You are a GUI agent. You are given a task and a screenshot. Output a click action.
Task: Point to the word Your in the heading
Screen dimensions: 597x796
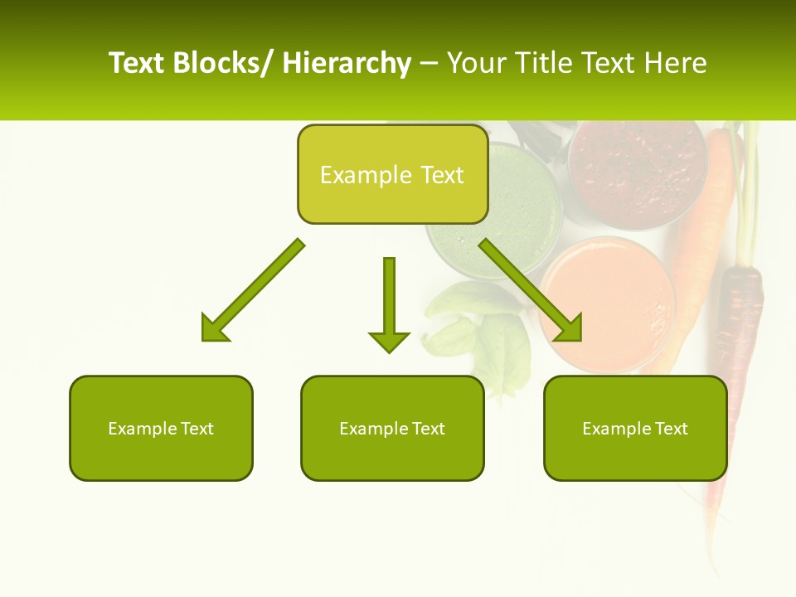tap(474, 63)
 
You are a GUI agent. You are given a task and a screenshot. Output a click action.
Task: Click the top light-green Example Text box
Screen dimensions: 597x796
tap(392, 175)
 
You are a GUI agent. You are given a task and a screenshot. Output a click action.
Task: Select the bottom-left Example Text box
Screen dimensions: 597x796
tap(161, 429)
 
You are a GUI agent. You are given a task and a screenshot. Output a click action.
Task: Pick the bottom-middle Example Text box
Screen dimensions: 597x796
tap(392, 429)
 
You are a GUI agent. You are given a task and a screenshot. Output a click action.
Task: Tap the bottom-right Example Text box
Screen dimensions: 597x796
tap(635, 429)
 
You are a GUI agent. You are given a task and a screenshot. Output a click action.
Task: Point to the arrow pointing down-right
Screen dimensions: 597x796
tap(531, 291)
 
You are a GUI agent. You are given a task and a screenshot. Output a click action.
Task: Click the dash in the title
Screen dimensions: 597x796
tap(429, 63)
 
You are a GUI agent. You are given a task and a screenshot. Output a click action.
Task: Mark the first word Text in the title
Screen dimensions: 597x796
tap(137, 63)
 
